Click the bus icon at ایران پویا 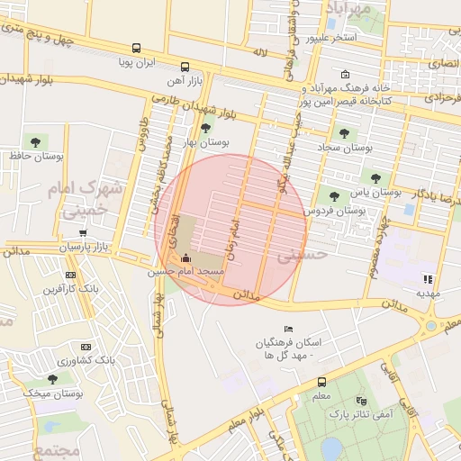click(136, 49)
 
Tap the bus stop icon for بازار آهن click(185, 67)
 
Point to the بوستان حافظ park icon click(35, 141)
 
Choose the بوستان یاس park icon click(375, 178)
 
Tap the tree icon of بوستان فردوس click(334, 195)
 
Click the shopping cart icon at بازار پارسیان click(83, 232)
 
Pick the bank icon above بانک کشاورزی click(86, 347)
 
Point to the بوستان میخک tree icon click(53, 379)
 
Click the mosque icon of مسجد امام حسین click(185, 258)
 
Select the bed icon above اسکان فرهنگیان click(288, 329)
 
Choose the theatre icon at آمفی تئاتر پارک click(362, 400)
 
